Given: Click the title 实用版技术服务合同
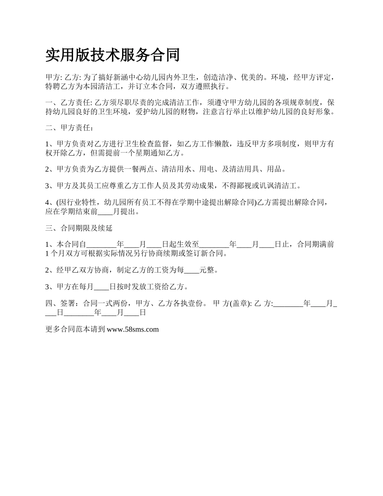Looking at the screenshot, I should pos(112,55).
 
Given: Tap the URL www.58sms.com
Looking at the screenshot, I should pos(132,329).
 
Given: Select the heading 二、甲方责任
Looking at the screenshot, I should pos(69,128).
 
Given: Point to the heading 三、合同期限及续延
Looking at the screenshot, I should pos(79,228).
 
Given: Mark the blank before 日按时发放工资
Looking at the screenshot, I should pos(101,287).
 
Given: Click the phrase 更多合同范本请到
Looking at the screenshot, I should pos(76,329).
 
